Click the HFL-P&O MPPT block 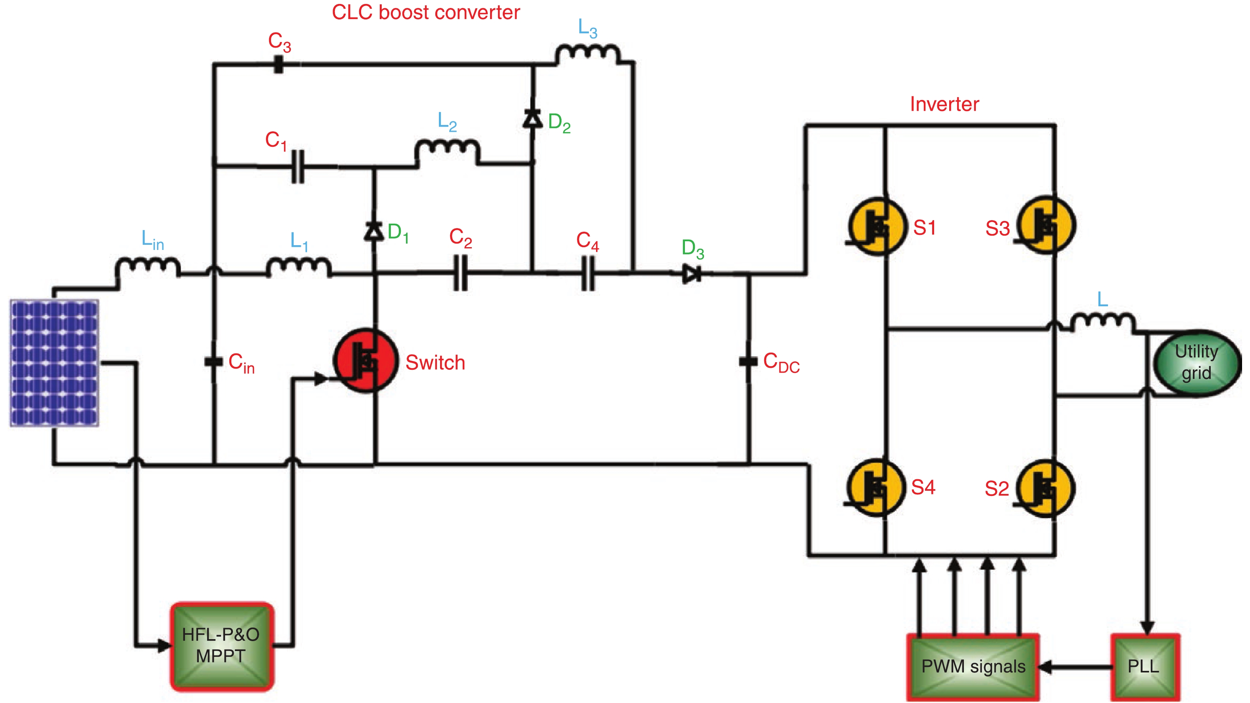click(x=222, y=646)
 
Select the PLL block click(x=1145, y=667)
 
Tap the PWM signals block click(x=973, y=667)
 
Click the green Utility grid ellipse click(x=1196, y=363)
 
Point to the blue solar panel click(x=54, y=363)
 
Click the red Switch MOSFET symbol click(x=366, y=361)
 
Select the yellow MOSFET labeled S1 click(x=877, y=226)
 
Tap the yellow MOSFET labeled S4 click(x=876, y=488)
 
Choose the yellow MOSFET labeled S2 click(x=1045, y=488)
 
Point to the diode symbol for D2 click(x=533, y=118)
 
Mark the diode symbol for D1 click(x=374, y=231)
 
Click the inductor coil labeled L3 click(x=588, y=54)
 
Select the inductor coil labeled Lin click(x=148, y=267)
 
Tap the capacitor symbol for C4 click(x=588, y=274)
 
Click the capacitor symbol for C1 click(x=298, y=166)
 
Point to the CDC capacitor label click(x=781, y=363)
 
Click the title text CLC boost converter click(x=425, y=12)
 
